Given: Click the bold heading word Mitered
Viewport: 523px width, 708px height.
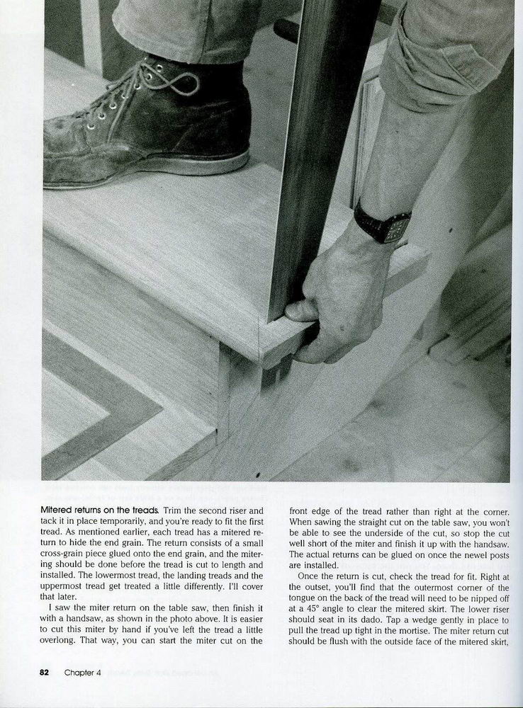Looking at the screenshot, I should click(x=61, y=510).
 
